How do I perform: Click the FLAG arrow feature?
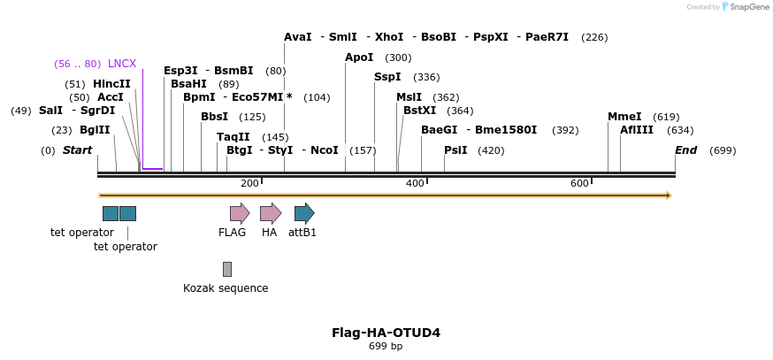[239, 212]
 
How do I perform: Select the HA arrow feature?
[270, 212]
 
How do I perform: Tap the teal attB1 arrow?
[303, 212]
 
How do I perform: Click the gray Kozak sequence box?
[226, 269]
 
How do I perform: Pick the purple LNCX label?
[122, 64]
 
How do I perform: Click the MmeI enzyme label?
[624, 117]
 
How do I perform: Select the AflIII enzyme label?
[637, 130]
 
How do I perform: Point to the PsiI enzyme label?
[455, 150]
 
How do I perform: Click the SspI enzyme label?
[387, 77]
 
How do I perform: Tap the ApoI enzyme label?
[359, 57]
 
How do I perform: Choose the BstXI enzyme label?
[419, 111]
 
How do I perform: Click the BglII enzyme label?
[95, 130]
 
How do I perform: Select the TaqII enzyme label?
[233, 137]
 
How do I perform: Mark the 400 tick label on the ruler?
[415, 183]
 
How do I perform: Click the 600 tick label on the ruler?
[579, 183]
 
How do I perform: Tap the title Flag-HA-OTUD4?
[386, 333]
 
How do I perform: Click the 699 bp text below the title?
[386, 347]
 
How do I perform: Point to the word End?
[686, 150]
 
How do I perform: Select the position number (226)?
[594, 37]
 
